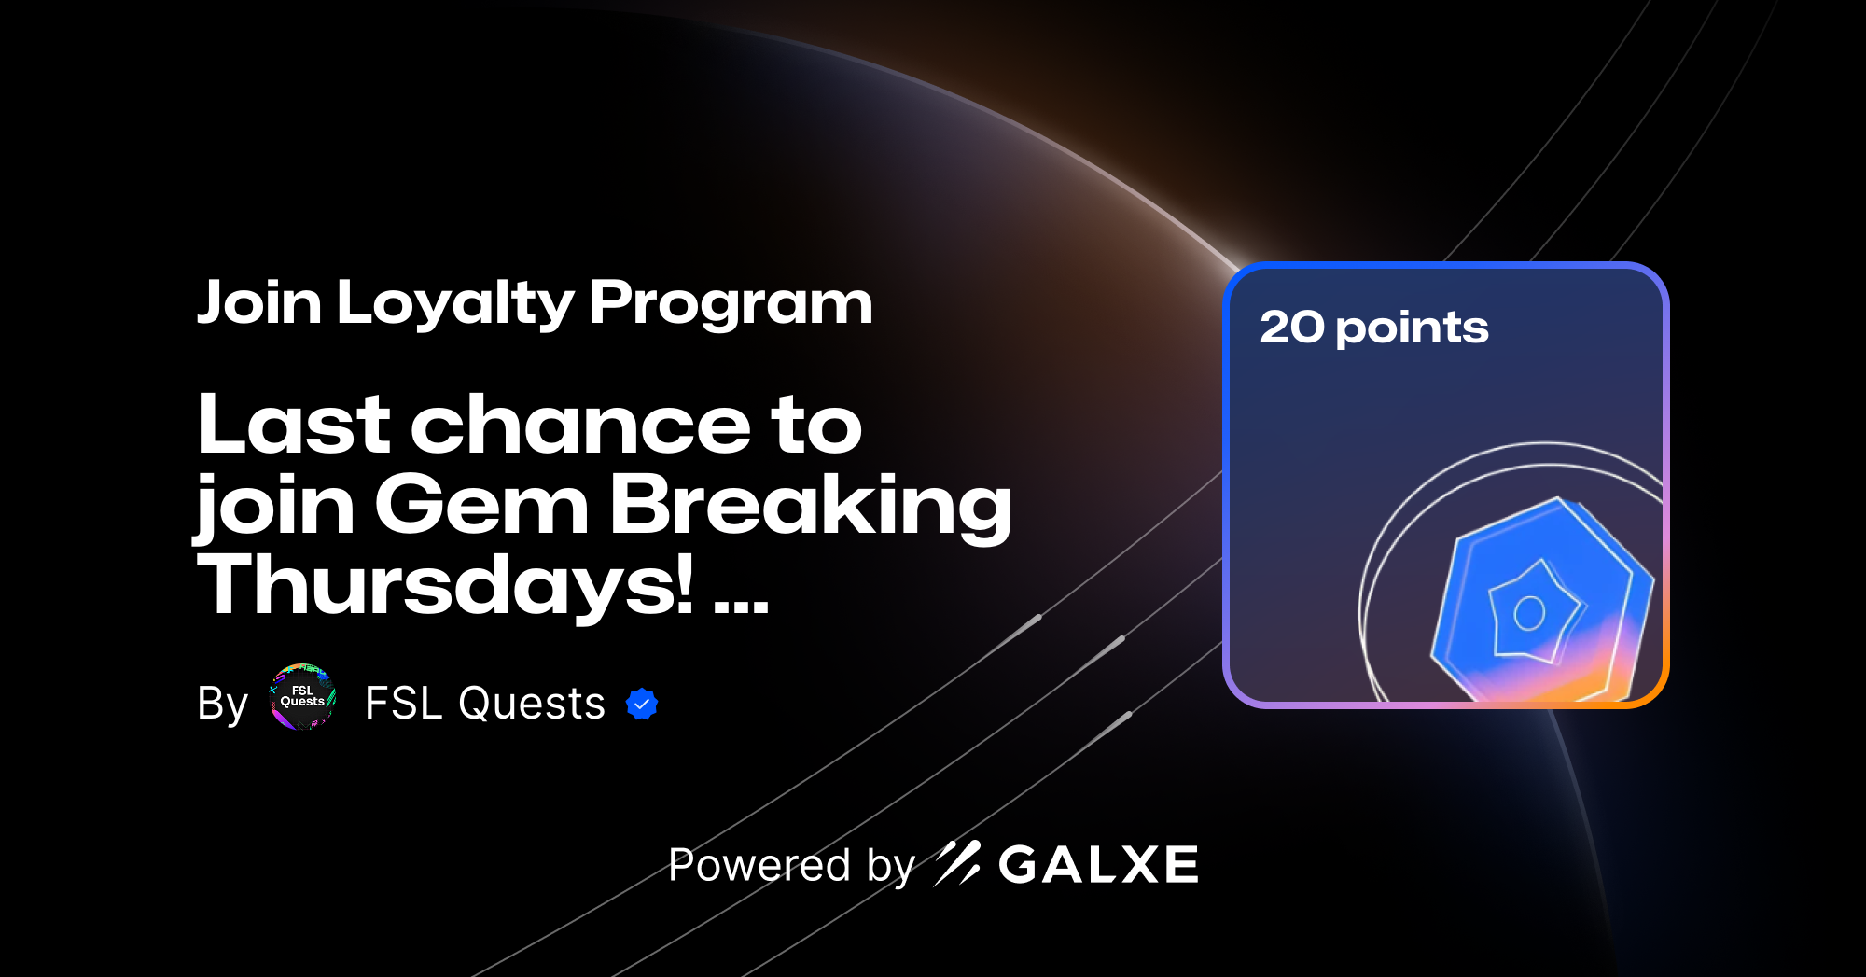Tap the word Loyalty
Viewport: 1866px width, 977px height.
point(455,304)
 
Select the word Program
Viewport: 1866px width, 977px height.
point(731,304)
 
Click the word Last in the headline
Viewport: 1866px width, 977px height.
point(293,425)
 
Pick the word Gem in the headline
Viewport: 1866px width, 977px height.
point(481,505)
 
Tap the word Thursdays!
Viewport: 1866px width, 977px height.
point(446,586)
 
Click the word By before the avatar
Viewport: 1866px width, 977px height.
point(222,704)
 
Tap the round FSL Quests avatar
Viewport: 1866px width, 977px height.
point(302,697)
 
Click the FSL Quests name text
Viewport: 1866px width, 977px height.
point(485,704)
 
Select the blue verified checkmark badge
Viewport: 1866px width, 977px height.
point(642,705)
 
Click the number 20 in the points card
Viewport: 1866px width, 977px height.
point(1292,328)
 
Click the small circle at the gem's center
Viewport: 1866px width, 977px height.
point(1529,613)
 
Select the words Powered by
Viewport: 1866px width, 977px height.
point(791,866)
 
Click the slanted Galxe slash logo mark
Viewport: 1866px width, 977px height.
point(957,863)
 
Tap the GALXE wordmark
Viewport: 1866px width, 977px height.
point(1098,865)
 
